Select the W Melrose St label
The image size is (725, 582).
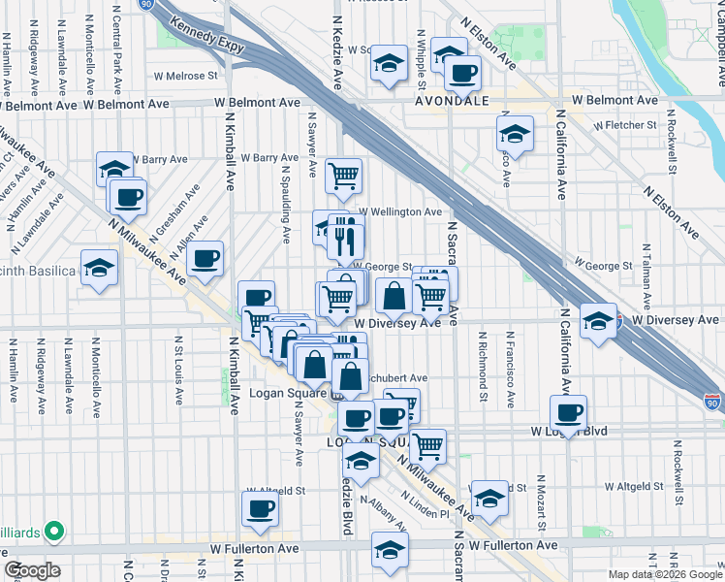[185, 76]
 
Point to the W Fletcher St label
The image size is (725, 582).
[625, 125]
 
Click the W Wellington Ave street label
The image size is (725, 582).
[400, 211]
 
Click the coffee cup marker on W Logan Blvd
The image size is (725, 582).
[568, 411]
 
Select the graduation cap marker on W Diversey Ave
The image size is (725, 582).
[599, 319]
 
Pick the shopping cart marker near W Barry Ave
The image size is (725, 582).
[343, 175]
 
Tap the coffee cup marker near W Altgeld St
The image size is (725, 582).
[260, 508]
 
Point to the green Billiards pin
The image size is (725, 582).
[54, 531]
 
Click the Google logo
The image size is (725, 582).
[33, 570]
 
